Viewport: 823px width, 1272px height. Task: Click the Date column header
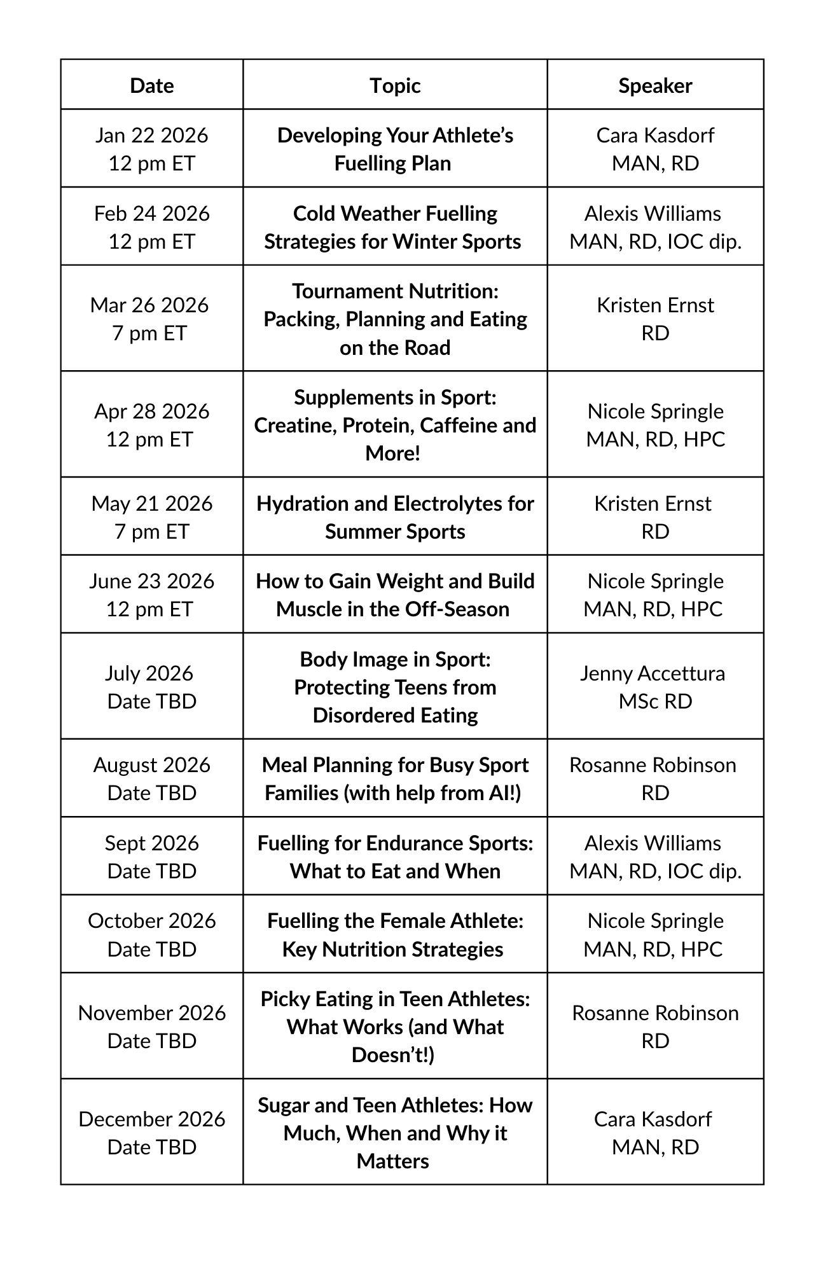[x=151, y=85]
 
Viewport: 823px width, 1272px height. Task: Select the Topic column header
[x=395, y=85]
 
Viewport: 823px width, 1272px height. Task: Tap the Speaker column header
[x=655, y=85]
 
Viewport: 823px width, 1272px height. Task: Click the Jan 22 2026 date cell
[x=151, y=149]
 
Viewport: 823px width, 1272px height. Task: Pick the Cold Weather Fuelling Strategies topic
[x=394, y=227]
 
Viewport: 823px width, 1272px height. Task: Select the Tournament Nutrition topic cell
[x=395, y=319]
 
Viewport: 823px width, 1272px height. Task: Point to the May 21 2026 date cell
[x=151, y=516]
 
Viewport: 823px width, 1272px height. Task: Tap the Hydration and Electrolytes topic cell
[x=395, y=516]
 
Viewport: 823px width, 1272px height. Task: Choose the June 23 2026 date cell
[x=151, y=595]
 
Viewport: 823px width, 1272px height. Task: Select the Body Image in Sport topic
[x=395, y=686]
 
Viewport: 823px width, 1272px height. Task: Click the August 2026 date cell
[x=151, y=778]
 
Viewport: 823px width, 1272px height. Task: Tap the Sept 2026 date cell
[x=151, y=856]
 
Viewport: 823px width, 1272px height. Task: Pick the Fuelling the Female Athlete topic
[x=395, y=934]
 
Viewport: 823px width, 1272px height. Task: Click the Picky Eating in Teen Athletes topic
[x=395, y=1026]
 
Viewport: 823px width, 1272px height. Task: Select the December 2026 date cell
[x=151, y=1132]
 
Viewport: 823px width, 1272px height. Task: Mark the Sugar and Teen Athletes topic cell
[x=395, y=1132]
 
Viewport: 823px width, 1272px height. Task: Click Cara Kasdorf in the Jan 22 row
[x=655, y=135]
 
